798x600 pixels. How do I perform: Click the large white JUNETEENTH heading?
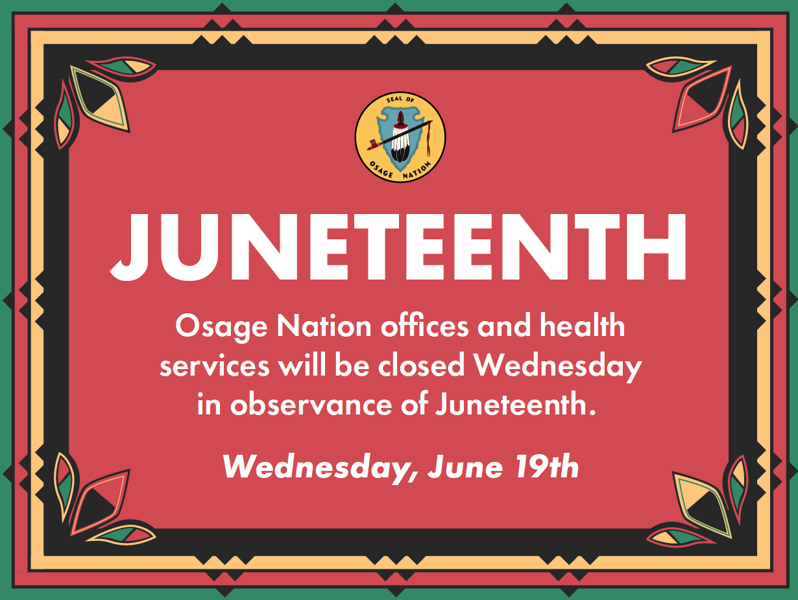point(398,246)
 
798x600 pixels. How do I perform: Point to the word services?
point(214,366)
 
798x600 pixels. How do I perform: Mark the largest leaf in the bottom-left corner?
point(99,503)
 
